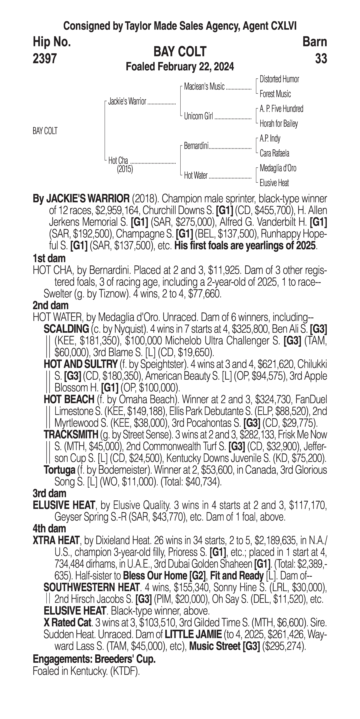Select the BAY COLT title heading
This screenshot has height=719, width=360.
coord(180,52)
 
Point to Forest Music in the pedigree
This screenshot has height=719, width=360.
coord(275,94)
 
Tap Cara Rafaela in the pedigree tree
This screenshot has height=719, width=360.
coord(274,153)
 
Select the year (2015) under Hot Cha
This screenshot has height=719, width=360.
coord(125,169)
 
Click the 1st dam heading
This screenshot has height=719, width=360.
coord(49,258)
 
